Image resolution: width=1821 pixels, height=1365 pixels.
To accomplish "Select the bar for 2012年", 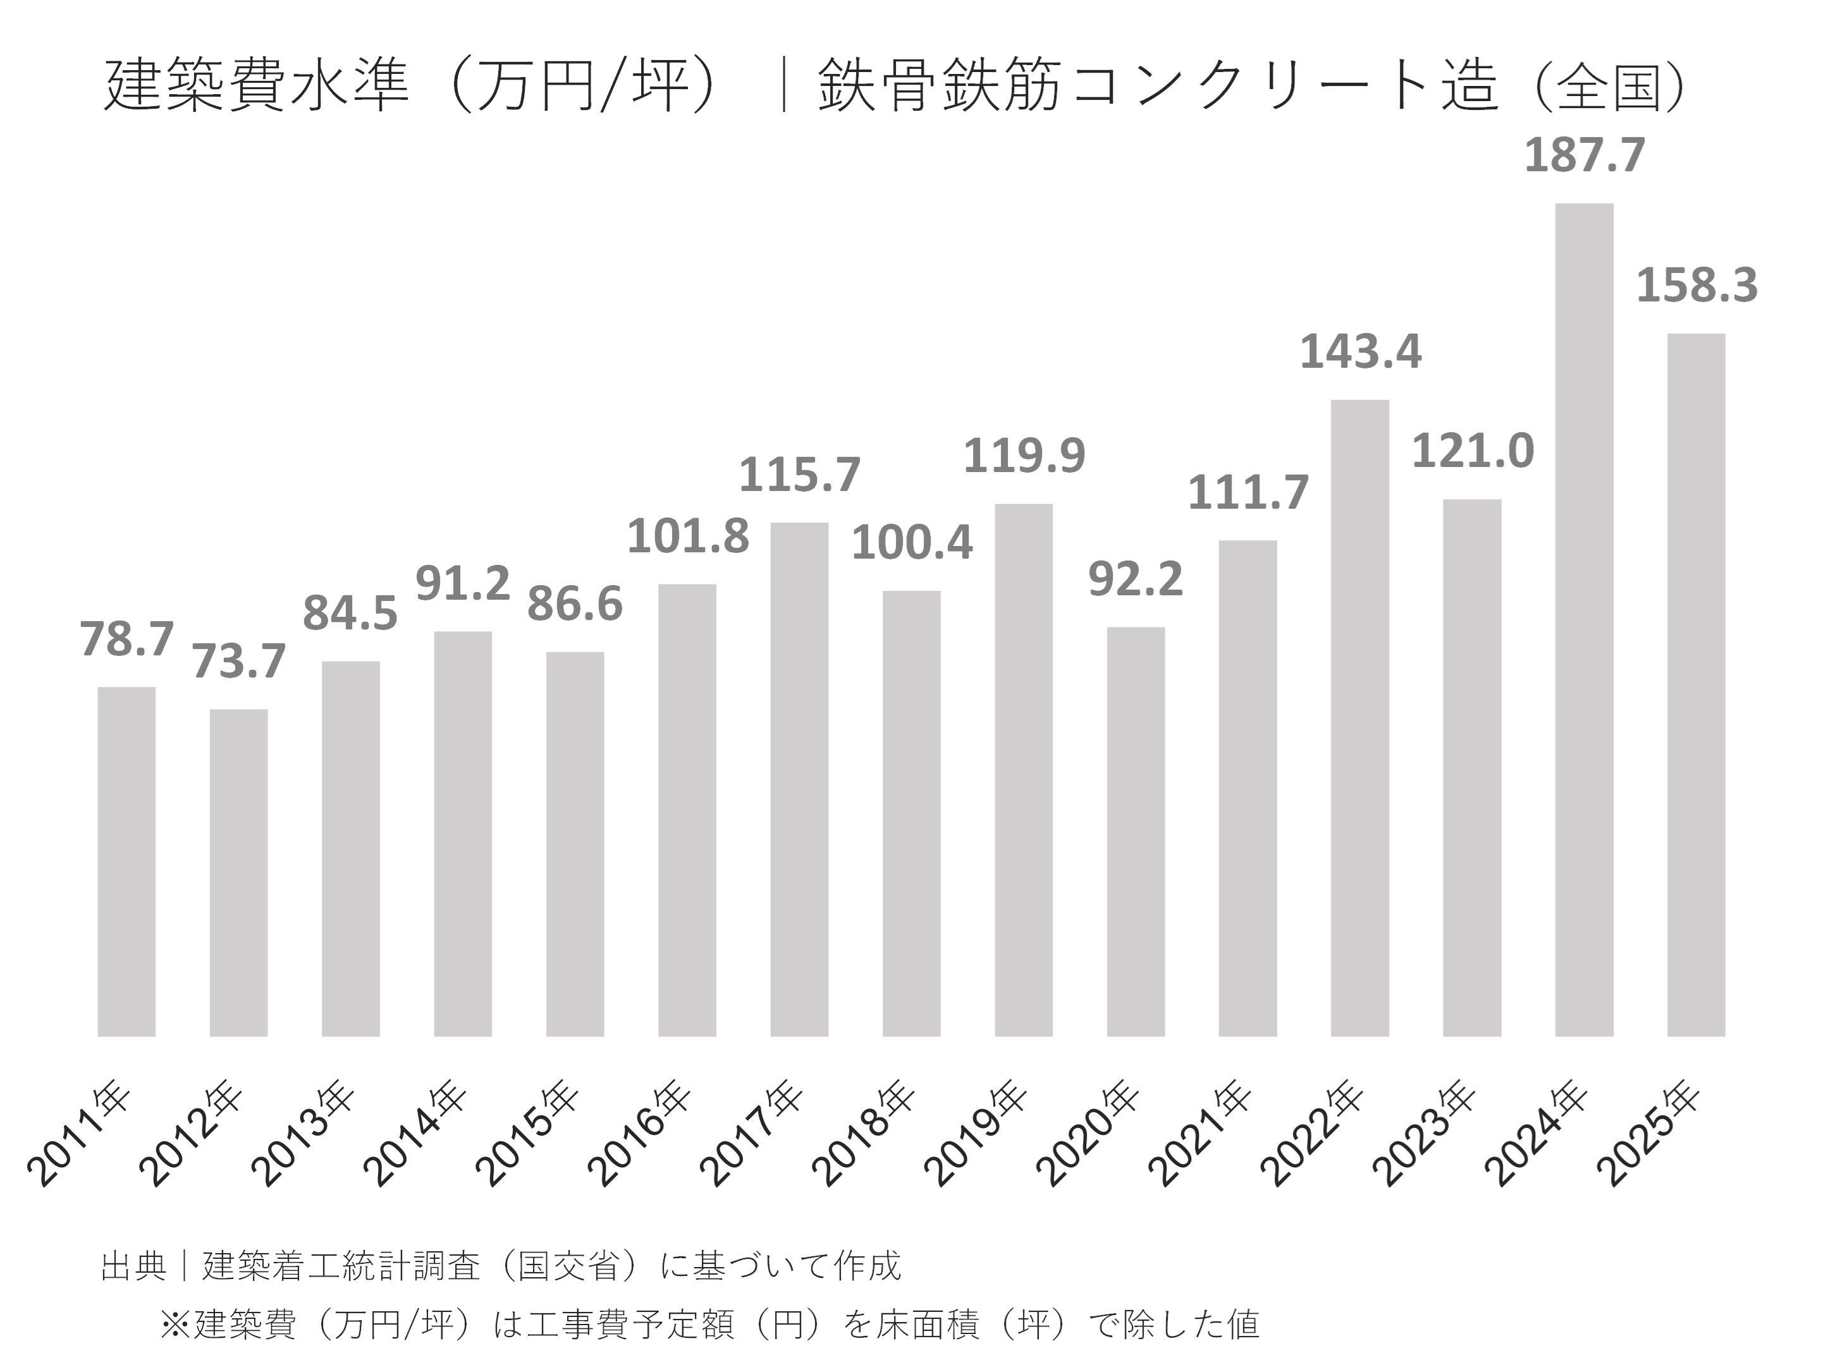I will pos(239,872).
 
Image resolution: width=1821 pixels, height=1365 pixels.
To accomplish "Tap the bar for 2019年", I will pos(1023,769).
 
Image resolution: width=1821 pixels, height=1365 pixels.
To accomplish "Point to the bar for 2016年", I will pos(687,810).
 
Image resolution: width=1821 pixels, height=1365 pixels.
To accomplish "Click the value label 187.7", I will pos(1584,155).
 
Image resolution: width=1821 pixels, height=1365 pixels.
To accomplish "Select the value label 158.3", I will pos(1696,286).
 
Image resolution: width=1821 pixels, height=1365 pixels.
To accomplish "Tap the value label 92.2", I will pos(1135,579).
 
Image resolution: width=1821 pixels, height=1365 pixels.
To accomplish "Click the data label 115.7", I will pos(799,476).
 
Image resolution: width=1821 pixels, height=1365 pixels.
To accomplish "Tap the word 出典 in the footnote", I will pos(133,1266).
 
